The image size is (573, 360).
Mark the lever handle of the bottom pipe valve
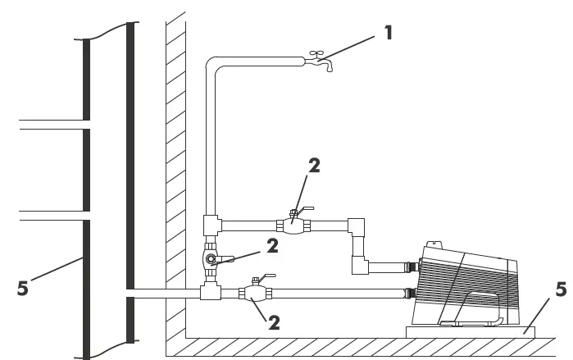[266, 278]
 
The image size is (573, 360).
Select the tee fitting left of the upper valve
[211, 222]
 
